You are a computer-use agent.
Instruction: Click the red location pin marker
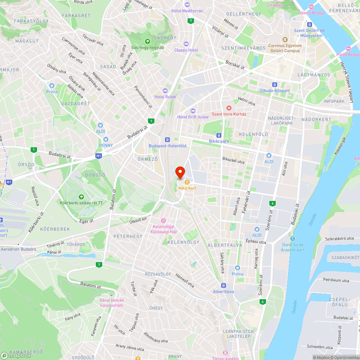[180, 172]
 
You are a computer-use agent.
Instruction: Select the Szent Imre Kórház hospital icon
[229, 108]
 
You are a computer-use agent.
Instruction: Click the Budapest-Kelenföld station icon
[167, 140]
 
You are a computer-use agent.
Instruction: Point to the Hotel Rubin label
[165, 96]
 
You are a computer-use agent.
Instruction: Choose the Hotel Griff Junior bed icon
[193, 111]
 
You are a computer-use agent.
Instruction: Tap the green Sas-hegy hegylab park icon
[147, 41]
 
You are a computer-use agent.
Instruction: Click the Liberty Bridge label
[311, 13]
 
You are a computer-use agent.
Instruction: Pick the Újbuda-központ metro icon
[274, 84]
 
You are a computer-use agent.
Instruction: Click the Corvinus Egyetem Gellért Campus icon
[285, 40]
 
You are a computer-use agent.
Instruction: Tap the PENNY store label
[106, 145]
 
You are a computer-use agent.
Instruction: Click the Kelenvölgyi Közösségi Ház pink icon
[163, 220]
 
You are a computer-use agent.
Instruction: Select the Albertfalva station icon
[223, 285]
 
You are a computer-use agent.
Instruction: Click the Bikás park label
[219, 141]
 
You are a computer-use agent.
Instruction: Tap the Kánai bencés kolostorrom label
[112, 303]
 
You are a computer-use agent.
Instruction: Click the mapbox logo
[16, 355]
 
